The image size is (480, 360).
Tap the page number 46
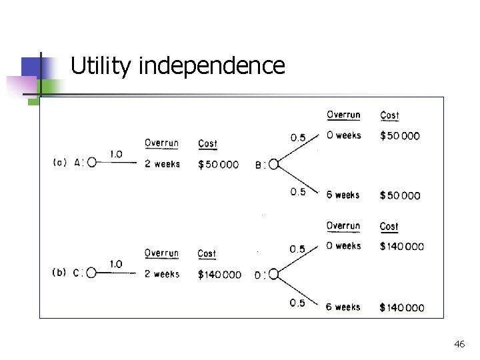(459, 344)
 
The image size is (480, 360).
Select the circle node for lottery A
(92, 162)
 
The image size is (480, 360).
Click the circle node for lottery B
(273, 165)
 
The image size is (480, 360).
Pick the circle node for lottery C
(92, 272)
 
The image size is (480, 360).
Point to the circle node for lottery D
(273, 275)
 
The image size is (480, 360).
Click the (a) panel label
(59, 162)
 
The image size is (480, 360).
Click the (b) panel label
(59, 272)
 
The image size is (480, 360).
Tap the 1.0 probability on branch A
(116, 154)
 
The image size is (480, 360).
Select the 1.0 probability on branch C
(115, 264)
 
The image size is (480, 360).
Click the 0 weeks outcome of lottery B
(344, 135)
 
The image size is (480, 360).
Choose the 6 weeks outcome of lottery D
(343, 307)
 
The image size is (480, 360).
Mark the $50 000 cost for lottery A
(218, 165)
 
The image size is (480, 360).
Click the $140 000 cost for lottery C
(219, 275)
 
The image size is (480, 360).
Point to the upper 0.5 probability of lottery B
(298, 138)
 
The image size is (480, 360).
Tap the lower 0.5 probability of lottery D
(297, 303)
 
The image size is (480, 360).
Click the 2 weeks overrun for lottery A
(162, 164)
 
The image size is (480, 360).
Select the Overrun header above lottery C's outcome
(161, 253)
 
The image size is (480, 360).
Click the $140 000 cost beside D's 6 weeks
(401, 308)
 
